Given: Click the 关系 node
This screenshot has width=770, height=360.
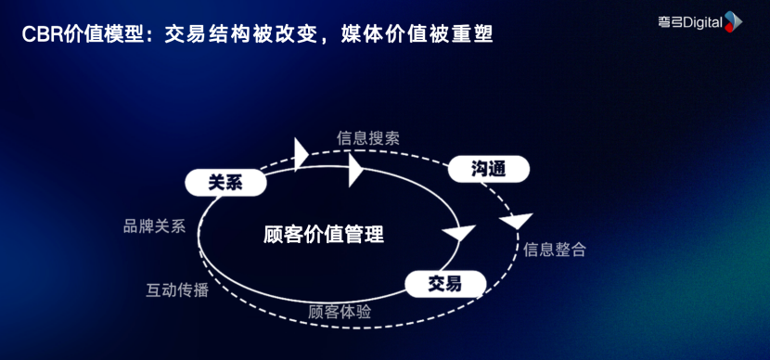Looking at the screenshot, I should coord(225,183).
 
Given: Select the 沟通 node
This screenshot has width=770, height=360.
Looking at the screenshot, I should coord(488,169).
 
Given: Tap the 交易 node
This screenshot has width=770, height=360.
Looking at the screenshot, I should coord(444,283).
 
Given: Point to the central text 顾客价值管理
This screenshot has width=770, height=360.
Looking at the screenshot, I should coord(324,234).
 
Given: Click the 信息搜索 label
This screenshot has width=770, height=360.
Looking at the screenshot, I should coord(368,138).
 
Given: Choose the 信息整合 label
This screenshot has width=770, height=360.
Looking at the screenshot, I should coord(555,250).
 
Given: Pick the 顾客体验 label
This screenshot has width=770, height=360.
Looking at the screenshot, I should coord(340,312).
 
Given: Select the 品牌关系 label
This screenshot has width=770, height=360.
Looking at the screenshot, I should coord(155,226).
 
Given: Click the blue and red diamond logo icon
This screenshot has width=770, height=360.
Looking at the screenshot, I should coord(733,21).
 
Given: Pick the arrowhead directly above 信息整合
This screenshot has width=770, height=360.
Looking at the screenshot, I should coord(516,221).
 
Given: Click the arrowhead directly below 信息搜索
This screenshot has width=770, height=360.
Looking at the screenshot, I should coord(355,170).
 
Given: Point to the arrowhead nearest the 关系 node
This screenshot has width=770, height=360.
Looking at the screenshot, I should coord(300,153).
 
